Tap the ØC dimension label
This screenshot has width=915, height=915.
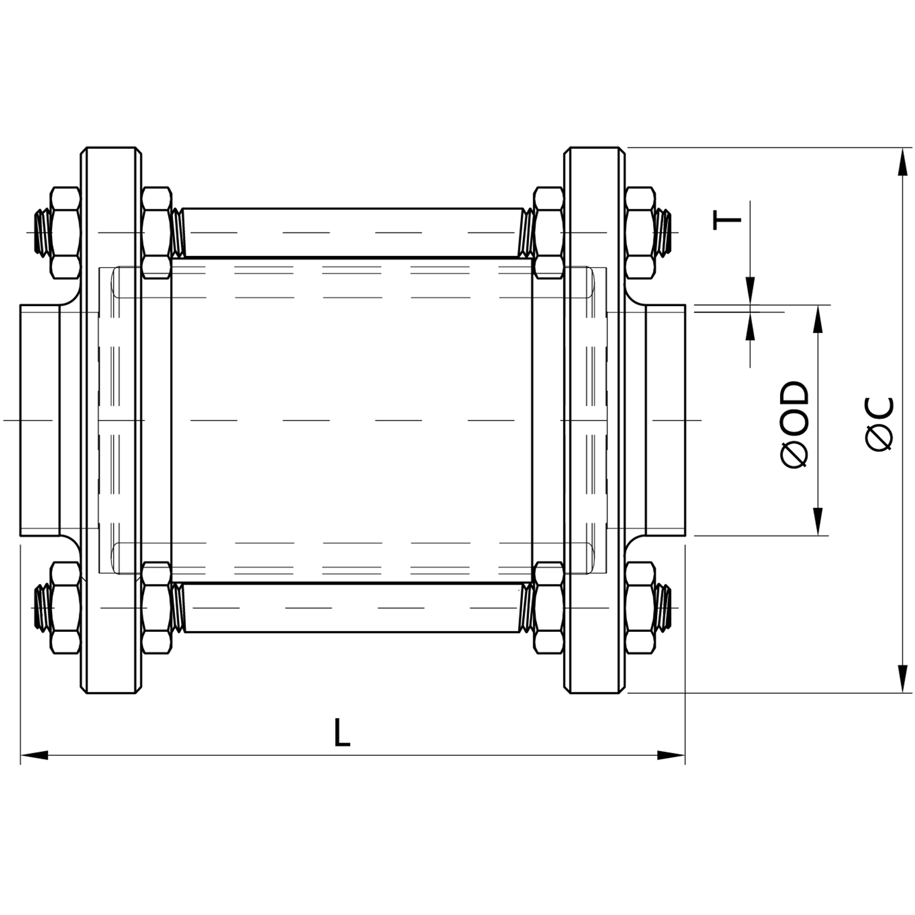880,424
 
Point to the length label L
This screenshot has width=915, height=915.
342,732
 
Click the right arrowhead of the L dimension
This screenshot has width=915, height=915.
671,755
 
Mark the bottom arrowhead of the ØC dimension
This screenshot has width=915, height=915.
903,678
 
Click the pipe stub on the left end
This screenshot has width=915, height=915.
40,420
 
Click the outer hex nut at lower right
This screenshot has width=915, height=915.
640,608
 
